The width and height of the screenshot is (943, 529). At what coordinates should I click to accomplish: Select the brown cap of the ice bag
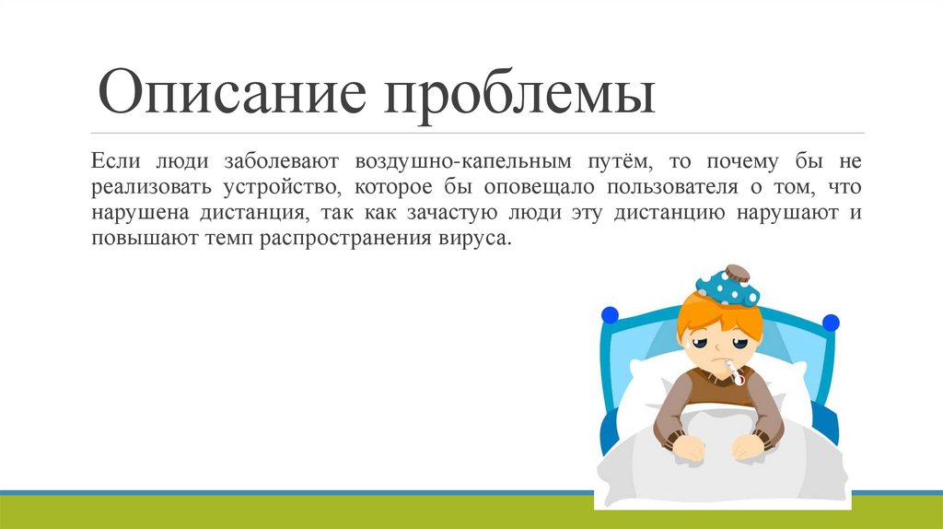point(737,273)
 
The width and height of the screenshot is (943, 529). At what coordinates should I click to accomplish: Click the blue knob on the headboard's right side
point(831,323)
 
